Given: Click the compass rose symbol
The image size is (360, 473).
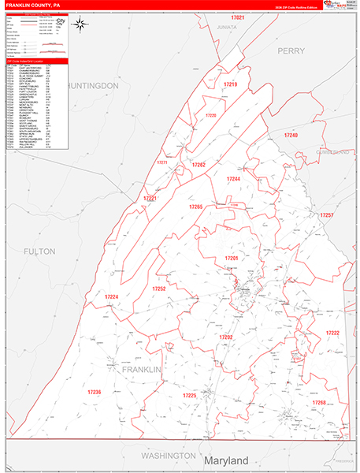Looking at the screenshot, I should click(82, 24).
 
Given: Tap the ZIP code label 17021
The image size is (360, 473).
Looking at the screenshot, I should click(238, 17).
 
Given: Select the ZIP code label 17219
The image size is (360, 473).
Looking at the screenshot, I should click(229, 83).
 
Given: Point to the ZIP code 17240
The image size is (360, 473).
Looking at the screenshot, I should click(291, 136).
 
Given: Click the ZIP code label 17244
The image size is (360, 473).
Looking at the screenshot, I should click(233, 179).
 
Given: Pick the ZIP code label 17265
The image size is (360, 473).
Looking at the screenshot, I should click(195, 207).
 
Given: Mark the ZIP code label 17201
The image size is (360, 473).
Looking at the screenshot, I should click(231, 258).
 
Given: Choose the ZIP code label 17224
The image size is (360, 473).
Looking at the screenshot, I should click(112, 296).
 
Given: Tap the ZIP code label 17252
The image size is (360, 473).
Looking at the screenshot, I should click(159, 289).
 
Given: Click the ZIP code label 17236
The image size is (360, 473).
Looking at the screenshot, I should click(95, 392).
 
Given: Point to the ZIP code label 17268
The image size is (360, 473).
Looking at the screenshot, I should click(319, 402).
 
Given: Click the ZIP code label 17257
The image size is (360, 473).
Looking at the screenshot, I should click(327, 214).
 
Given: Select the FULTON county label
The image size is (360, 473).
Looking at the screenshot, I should click(39, 251).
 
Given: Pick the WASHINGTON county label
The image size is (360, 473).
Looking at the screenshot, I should click(168, 456).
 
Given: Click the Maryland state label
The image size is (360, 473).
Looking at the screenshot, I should click(225, 460).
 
